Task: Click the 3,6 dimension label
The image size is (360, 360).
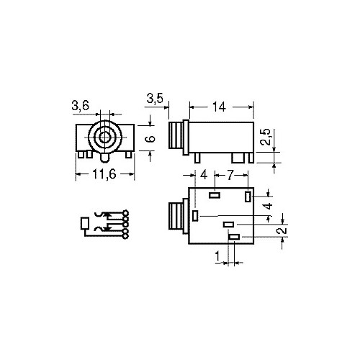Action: [81, 105]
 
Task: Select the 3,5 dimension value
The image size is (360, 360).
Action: [155, 99]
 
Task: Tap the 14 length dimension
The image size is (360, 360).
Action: [220, 107]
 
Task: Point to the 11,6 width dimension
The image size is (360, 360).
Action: [104, 174]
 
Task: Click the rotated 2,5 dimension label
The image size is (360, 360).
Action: [266, 137]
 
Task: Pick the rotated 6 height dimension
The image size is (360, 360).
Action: [150, 139]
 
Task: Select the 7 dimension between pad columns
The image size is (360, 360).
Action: [230, 175]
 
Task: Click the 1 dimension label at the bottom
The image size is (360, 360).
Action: [217, 256]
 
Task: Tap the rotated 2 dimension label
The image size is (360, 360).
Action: [282, 230]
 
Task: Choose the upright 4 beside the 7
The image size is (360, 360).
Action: [204, 175]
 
